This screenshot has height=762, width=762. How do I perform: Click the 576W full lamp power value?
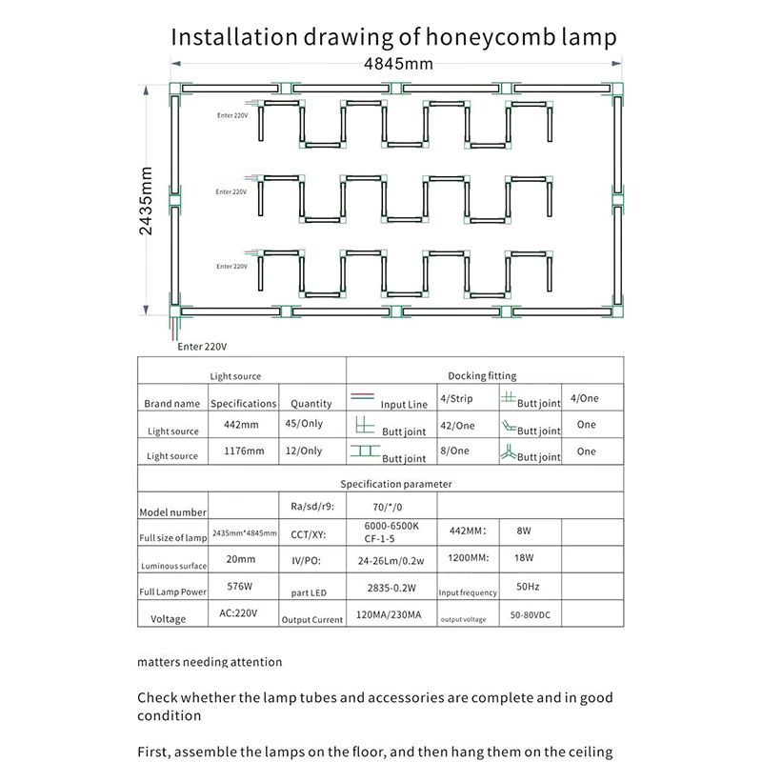(242, 589)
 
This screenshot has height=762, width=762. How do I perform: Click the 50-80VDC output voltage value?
(530, 616)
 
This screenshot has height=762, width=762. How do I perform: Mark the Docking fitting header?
(481, 376)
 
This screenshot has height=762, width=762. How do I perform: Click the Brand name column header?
(172, 403)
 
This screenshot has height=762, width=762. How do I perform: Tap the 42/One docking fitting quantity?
(457, 426)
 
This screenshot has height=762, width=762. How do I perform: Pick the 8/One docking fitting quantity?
(455, 451)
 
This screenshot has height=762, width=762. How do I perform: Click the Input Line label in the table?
(404, 405)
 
